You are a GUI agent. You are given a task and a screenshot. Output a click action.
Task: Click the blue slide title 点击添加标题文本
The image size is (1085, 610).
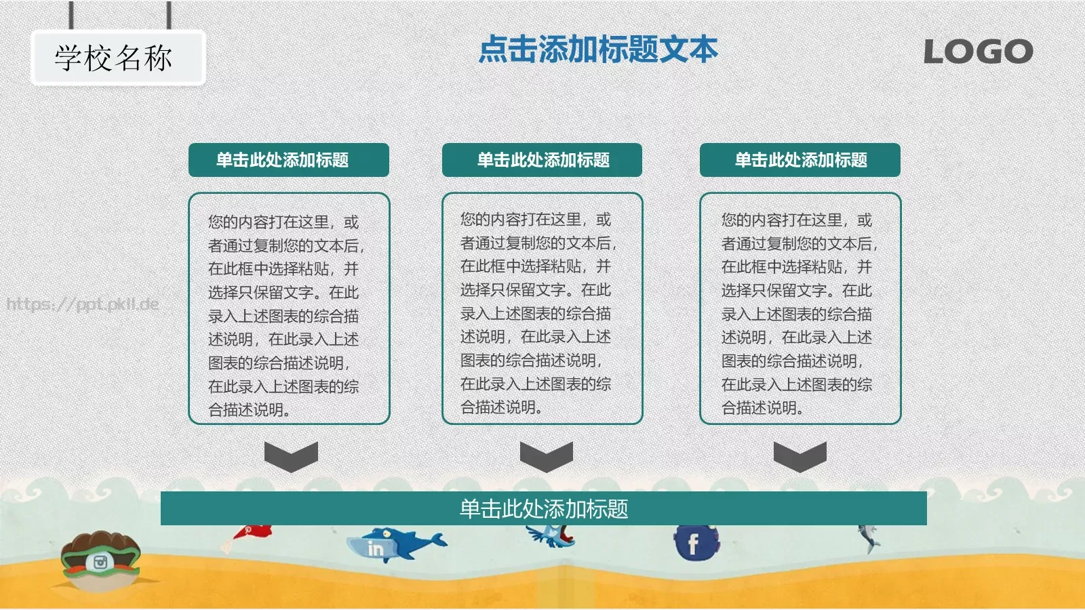597,49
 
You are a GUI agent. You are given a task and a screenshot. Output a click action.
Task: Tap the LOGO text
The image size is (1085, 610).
978,52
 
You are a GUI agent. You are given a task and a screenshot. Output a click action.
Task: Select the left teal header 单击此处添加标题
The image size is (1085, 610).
288,160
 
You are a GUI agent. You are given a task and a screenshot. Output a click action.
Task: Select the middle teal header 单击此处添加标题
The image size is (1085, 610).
542,160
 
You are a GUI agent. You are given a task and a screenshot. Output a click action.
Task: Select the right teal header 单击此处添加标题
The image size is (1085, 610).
800,160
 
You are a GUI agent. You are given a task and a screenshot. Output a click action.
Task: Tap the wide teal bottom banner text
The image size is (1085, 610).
543,508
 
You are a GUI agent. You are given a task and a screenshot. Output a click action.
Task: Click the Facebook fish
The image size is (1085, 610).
694,543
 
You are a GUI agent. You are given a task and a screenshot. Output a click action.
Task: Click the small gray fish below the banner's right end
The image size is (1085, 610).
868,539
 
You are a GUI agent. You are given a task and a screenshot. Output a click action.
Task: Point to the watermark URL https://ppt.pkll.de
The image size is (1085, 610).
83,304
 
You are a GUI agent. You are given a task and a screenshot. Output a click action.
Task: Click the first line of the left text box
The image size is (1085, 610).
283,222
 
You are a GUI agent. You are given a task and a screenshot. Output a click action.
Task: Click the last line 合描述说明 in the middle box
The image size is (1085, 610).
501,407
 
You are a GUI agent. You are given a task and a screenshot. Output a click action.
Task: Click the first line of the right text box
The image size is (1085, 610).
796,220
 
